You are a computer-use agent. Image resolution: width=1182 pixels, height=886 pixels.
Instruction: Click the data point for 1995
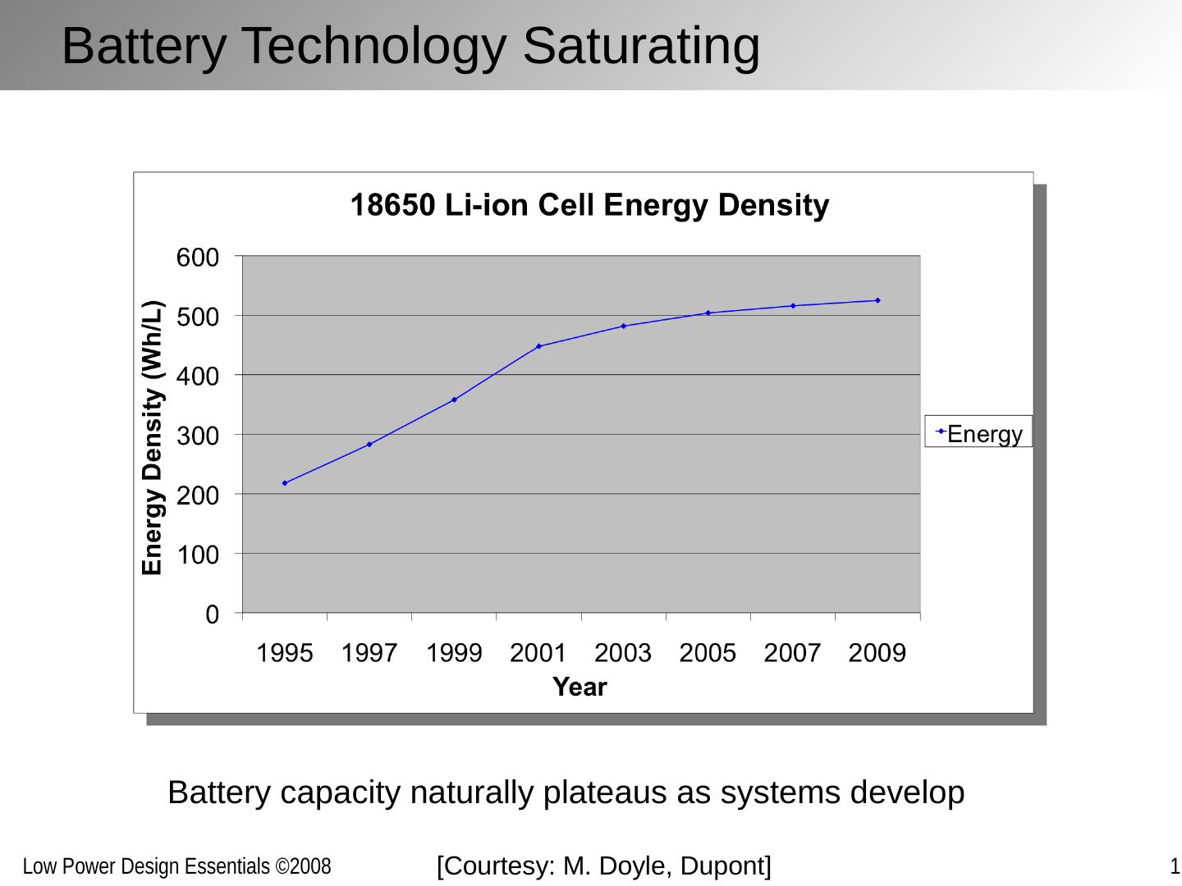(285, 483)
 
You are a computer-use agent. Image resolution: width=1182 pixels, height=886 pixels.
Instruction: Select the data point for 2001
(539, 346)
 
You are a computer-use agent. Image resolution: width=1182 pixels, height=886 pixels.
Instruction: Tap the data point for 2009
(877, 300)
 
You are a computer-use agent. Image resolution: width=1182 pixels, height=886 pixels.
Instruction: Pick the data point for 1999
(454, 400)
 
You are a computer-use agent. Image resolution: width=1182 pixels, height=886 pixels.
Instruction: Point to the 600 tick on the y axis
(198, 258)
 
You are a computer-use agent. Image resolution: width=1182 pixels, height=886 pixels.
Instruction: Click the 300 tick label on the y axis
(198, 436)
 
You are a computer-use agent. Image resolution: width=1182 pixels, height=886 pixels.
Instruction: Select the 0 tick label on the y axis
(212, 614)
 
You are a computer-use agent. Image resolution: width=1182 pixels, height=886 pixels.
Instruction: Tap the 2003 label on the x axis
(623, 654)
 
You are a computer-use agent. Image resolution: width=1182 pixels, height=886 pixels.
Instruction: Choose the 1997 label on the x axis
(369, 654)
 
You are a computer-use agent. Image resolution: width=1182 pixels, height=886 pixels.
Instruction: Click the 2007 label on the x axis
(792, 654)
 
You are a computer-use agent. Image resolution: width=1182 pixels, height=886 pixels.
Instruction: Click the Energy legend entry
(978, 432)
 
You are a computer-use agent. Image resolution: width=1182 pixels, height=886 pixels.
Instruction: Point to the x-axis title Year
(580, 687)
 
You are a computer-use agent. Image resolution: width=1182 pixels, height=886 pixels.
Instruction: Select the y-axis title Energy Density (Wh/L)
(153, 438)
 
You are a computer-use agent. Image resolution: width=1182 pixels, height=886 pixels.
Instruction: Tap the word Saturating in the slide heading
(641, 46)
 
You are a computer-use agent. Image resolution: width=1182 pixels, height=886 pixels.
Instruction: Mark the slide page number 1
(1175, 866)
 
